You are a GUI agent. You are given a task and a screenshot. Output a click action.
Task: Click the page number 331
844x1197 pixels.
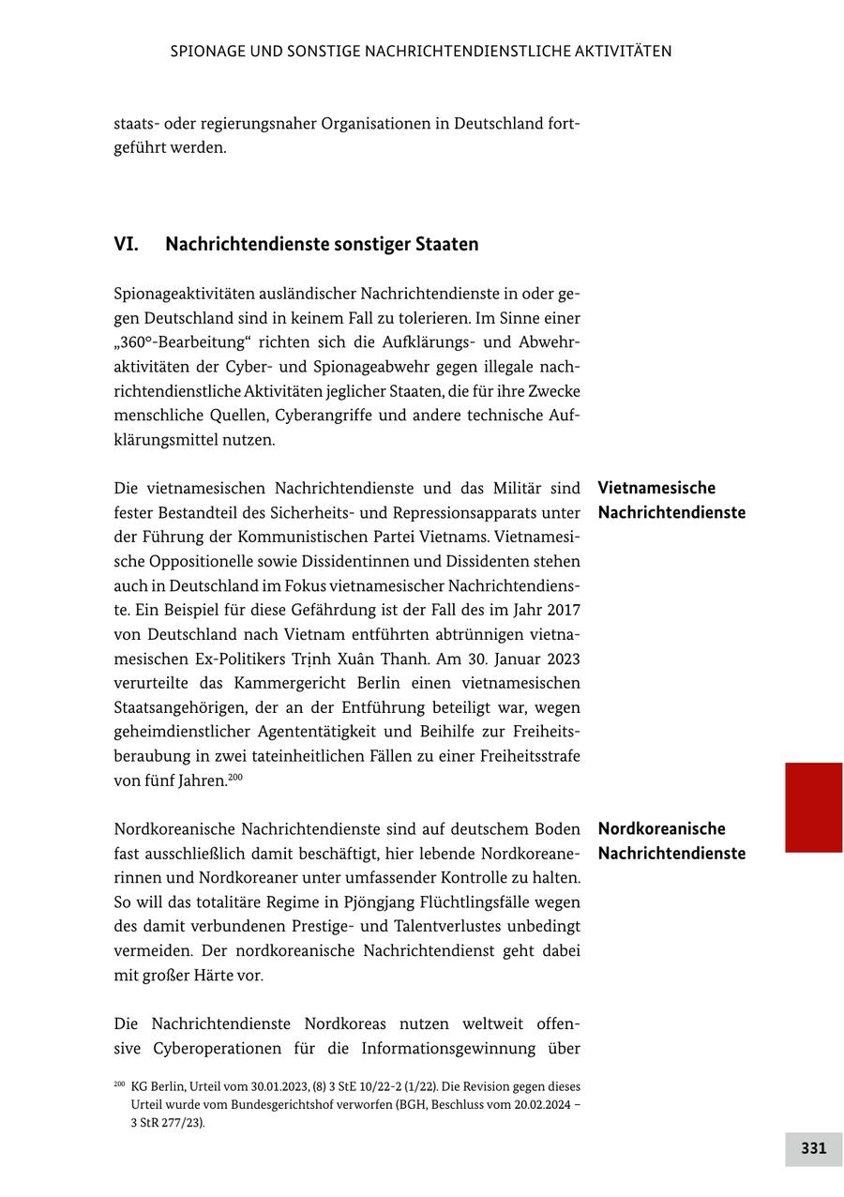(x=813, y=1148)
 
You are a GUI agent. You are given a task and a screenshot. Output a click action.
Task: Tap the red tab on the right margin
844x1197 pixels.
(x=813, y=807)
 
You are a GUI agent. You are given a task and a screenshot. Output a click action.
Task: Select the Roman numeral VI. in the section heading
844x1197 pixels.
(x=126, y=244)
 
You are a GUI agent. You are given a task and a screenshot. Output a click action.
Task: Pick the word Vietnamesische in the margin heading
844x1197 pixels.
(x=656, y=488)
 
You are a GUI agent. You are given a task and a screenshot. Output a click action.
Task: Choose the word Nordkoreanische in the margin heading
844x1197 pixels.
(x=661, y=828)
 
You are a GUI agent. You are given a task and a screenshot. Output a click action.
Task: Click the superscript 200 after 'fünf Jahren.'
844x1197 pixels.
(x=235, y=777)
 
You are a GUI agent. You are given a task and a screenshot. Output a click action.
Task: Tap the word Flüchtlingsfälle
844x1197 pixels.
(x=493, y=902)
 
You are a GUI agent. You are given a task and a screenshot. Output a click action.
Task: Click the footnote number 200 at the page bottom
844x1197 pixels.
(x=119, y=1084)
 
